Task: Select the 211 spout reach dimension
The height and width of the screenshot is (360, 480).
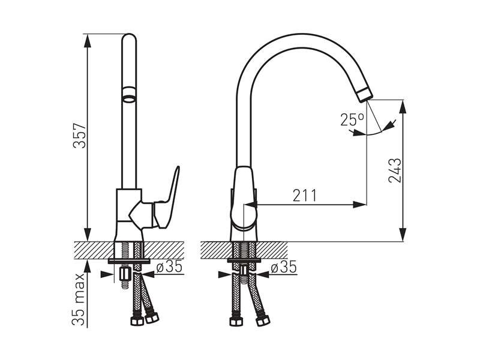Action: pos(305,196)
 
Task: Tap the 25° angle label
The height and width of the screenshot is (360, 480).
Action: pos(352,120)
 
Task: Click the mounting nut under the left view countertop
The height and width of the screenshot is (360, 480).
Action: pos(125,275)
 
